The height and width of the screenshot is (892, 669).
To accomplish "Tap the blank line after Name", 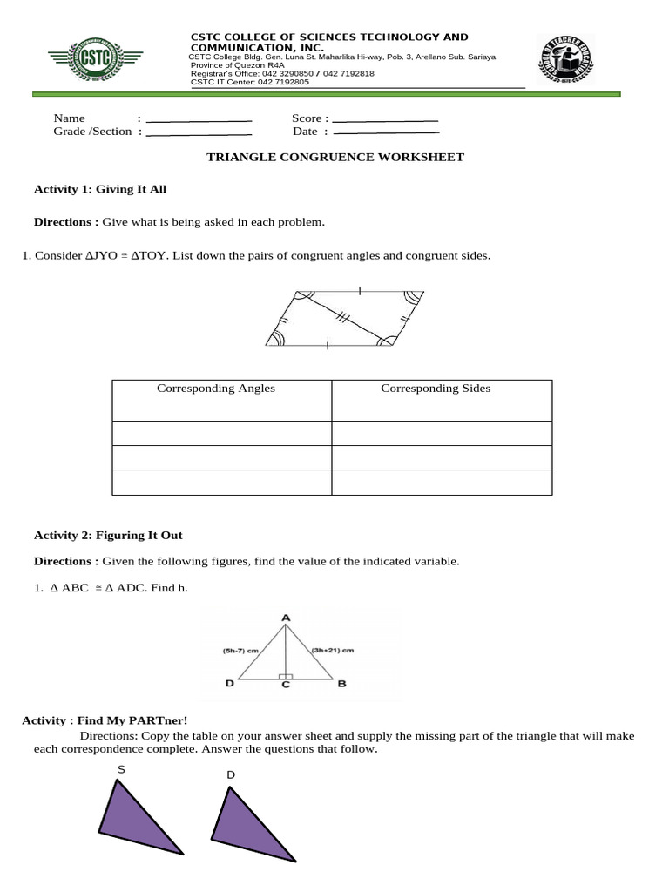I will [199, 119].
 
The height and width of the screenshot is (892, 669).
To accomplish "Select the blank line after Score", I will [385, 119].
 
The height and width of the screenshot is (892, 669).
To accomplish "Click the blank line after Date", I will [387, 132].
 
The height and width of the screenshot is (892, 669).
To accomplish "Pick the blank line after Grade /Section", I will [199, 133].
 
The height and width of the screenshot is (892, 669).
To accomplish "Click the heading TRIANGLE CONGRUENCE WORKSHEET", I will [334, 158].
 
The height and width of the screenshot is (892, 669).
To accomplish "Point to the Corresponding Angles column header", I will [215, 389].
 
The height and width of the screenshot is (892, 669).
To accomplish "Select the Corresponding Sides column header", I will [436, 389].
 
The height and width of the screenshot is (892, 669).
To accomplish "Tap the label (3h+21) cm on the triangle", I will [332, 650].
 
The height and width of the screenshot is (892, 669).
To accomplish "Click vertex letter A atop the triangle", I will [285, 618].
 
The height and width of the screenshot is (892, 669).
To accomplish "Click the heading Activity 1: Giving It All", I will [99, 189].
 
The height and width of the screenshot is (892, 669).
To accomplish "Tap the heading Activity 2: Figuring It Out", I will [108, 536].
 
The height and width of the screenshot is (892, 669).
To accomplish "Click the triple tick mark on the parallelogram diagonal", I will [342, 320].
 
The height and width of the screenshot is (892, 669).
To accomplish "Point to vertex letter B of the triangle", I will [342, 685].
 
